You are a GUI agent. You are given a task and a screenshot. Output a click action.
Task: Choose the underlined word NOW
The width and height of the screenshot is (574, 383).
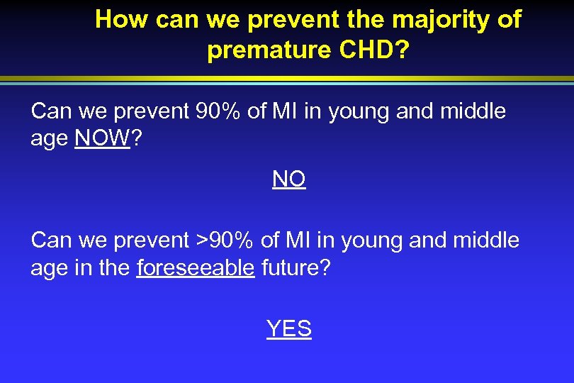click(103, 138)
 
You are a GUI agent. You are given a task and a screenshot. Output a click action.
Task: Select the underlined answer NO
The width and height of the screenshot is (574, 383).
click(288, 179)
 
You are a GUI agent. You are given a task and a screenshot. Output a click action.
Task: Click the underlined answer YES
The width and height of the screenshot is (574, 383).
click(288, 328)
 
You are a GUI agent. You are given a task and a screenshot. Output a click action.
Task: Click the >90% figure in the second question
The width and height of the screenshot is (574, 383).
click(223, 240)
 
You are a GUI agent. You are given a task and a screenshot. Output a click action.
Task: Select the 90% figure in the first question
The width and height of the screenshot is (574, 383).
click(216, 111)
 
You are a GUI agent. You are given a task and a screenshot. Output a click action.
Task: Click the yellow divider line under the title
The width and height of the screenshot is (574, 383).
click(287, 77)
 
